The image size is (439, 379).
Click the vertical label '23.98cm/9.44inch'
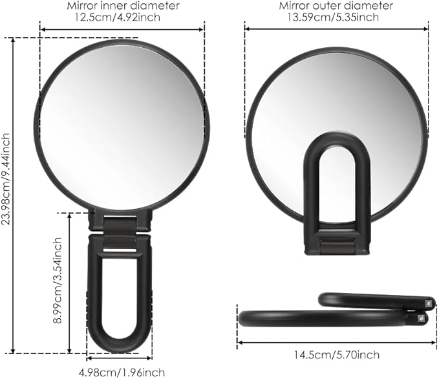click(x=7, y=194)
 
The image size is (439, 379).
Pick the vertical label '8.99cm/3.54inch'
click(x=58, y=281)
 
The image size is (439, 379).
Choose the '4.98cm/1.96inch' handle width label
click(x=122, y=372)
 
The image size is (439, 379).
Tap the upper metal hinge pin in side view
click(x=429, y=302)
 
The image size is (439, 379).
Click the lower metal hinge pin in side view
click(x=422, y=318)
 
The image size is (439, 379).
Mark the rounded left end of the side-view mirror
click(x=243, y=318)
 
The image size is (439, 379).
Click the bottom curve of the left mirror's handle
click(x=120, y=346)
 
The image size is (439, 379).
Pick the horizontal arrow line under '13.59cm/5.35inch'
click(x=332, y=28)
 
